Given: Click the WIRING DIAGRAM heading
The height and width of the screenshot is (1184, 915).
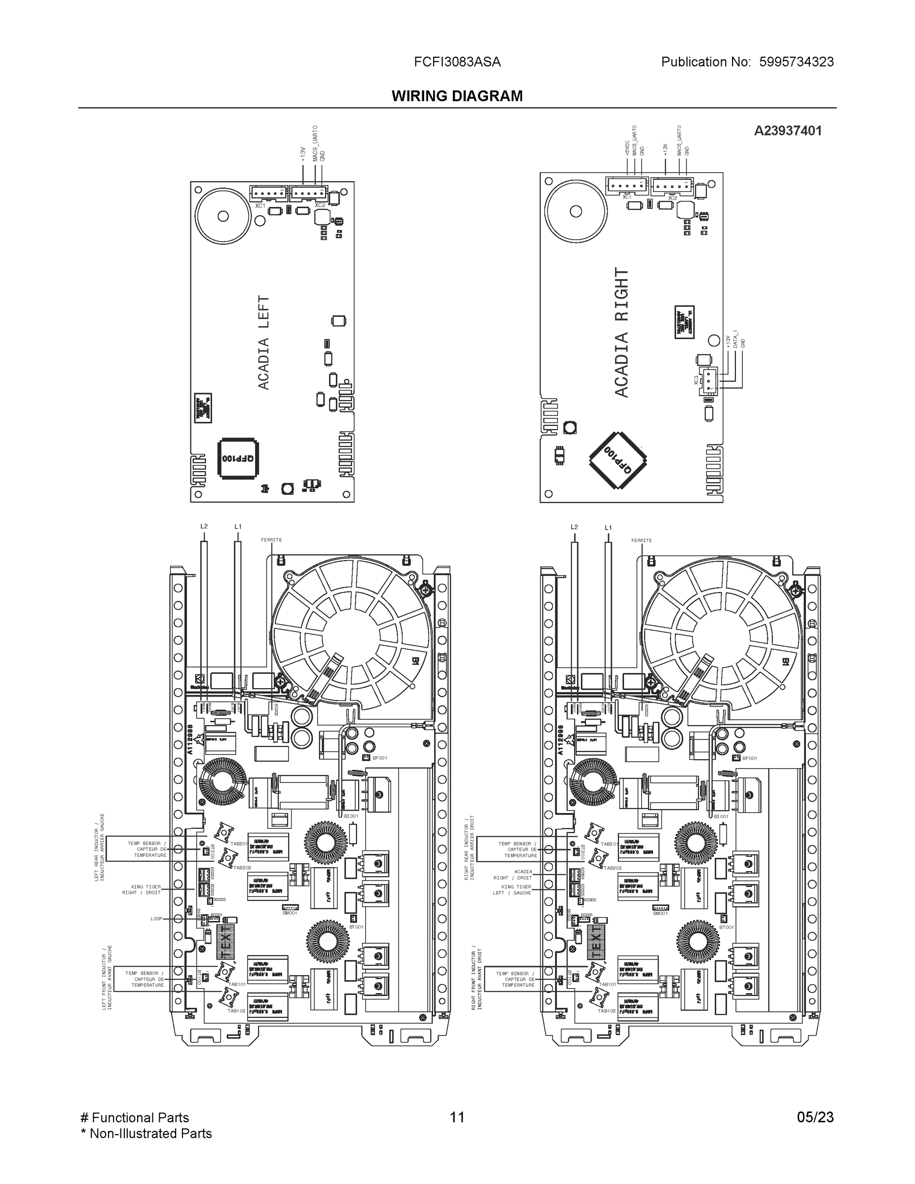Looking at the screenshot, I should point(457,96).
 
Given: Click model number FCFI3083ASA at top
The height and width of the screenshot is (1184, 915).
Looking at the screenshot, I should point(457,62).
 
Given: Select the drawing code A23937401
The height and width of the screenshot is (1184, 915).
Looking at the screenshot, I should point(788,131).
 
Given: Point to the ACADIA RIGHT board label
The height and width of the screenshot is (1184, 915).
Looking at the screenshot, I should point(621,333).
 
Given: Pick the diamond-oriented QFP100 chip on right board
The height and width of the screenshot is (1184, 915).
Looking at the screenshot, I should point(618,460).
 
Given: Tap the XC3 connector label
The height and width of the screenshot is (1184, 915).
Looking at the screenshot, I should point(696,380).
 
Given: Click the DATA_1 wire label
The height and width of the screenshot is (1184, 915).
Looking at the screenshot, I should point(735,339).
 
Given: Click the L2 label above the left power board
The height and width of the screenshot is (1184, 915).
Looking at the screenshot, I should point(204,526).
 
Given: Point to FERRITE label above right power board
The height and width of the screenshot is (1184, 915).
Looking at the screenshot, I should point(641,541).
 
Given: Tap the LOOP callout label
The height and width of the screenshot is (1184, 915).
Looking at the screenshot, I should point(156,919).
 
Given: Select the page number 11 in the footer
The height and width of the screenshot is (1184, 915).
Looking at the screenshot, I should point(457,1117).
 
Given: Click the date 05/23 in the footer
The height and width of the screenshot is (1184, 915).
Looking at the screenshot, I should point(815,1117).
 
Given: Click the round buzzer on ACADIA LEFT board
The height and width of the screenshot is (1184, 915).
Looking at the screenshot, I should point(223,216).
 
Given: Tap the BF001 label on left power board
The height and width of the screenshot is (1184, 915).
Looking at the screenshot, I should point(379,758).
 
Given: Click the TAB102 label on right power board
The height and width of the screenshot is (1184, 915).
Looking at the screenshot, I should point(607,1010).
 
